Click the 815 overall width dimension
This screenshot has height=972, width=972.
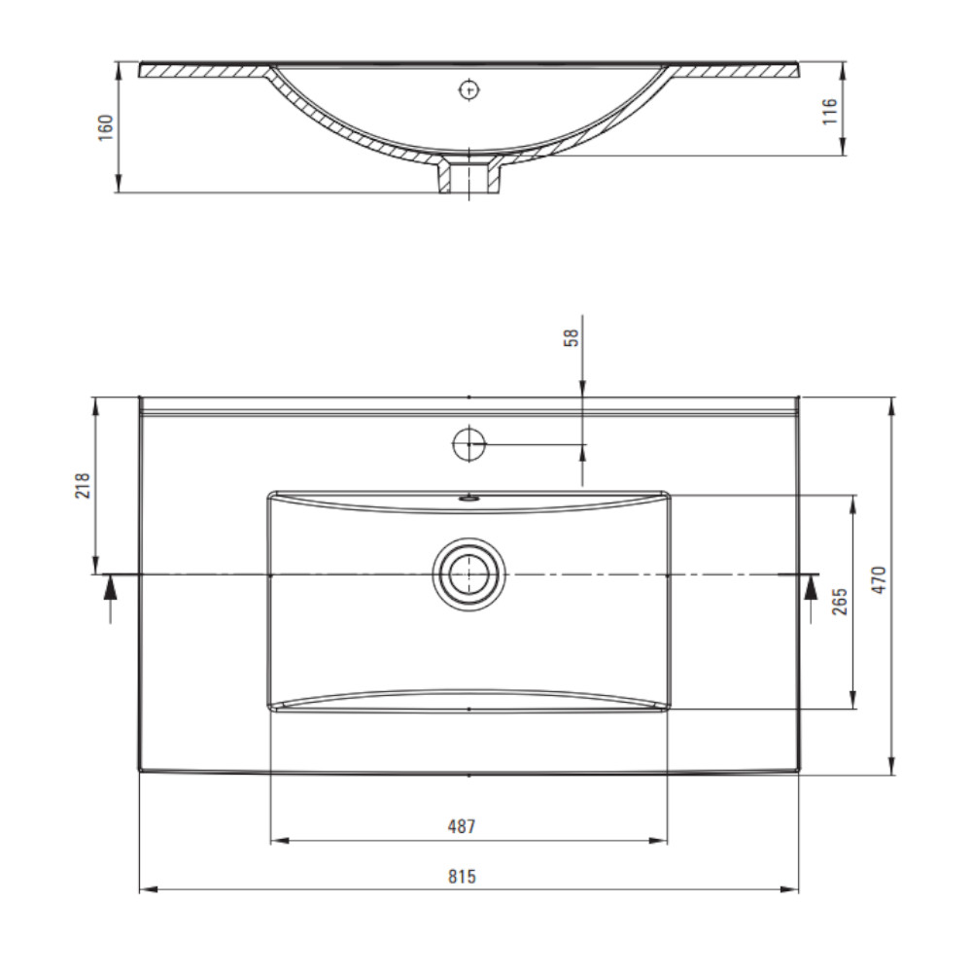(462, 877)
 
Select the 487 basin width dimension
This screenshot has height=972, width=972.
(462, 826)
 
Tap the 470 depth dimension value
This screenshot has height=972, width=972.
(880, 580)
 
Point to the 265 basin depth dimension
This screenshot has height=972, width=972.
(840, 602)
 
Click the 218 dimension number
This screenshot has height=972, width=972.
(83, 485)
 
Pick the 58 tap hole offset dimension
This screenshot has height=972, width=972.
(572, 338)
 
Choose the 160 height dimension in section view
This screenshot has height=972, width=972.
(106, 127)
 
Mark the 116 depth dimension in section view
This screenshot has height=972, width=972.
(830, 111)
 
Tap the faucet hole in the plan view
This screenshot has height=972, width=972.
(469, 444)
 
